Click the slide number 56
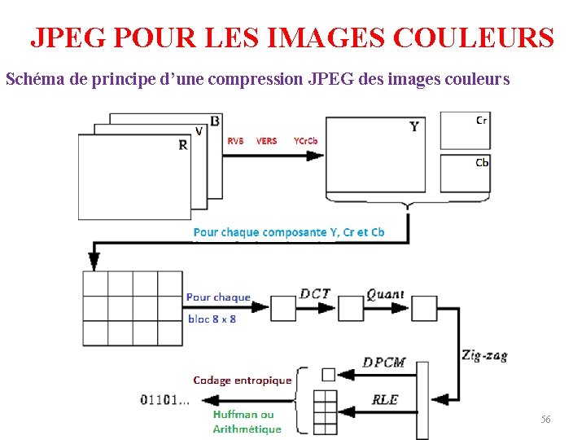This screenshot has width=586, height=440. pyautogui.click(x=545, y=419)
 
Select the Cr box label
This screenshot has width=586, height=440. pyautogui.click(x=482, y=120)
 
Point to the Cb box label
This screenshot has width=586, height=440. pyautogui.click(x=482, y=162)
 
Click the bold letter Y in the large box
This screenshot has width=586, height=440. pyautogui.click(x=414, y=126)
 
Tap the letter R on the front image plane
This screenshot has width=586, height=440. pyautogui.click(x=183, y=145)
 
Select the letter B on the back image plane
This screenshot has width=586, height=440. pyautogui.click(x=214, y=121)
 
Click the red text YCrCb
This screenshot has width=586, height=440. pyautogui.click(x=305, y=141)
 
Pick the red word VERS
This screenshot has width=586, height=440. pyautogui.click(x=266, y=141)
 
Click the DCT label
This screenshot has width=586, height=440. pyautogui.click(x=315, y=294)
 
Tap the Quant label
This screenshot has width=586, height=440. pyautogui.click(x=385, y=294)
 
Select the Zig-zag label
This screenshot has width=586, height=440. pyautogui.click(x=483, y=356)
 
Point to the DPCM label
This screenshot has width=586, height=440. pyautogui.click(x=384, y=363)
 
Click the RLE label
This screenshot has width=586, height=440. pyautogui.click(x=384, y=400)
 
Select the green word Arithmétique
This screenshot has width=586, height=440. pyautogui.click(x=247, y=429)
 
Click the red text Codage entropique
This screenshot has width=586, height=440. pyautogui.click(x=242, y=380)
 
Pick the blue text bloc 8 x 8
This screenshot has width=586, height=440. pyautogui.click(x=212, y=319)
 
